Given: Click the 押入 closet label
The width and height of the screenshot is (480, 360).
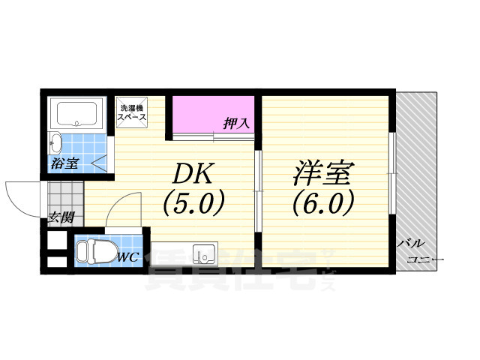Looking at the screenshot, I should tap(236, 123).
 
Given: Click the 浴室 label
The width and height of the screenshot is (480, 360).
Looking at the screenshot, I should tap(65, 163).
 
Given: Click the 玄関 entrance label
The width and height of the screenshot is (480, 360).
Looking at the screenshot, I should tap(61, 217).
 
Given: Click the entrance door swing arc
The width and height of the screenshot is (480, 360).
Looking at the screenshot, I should tap(20, 196).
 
